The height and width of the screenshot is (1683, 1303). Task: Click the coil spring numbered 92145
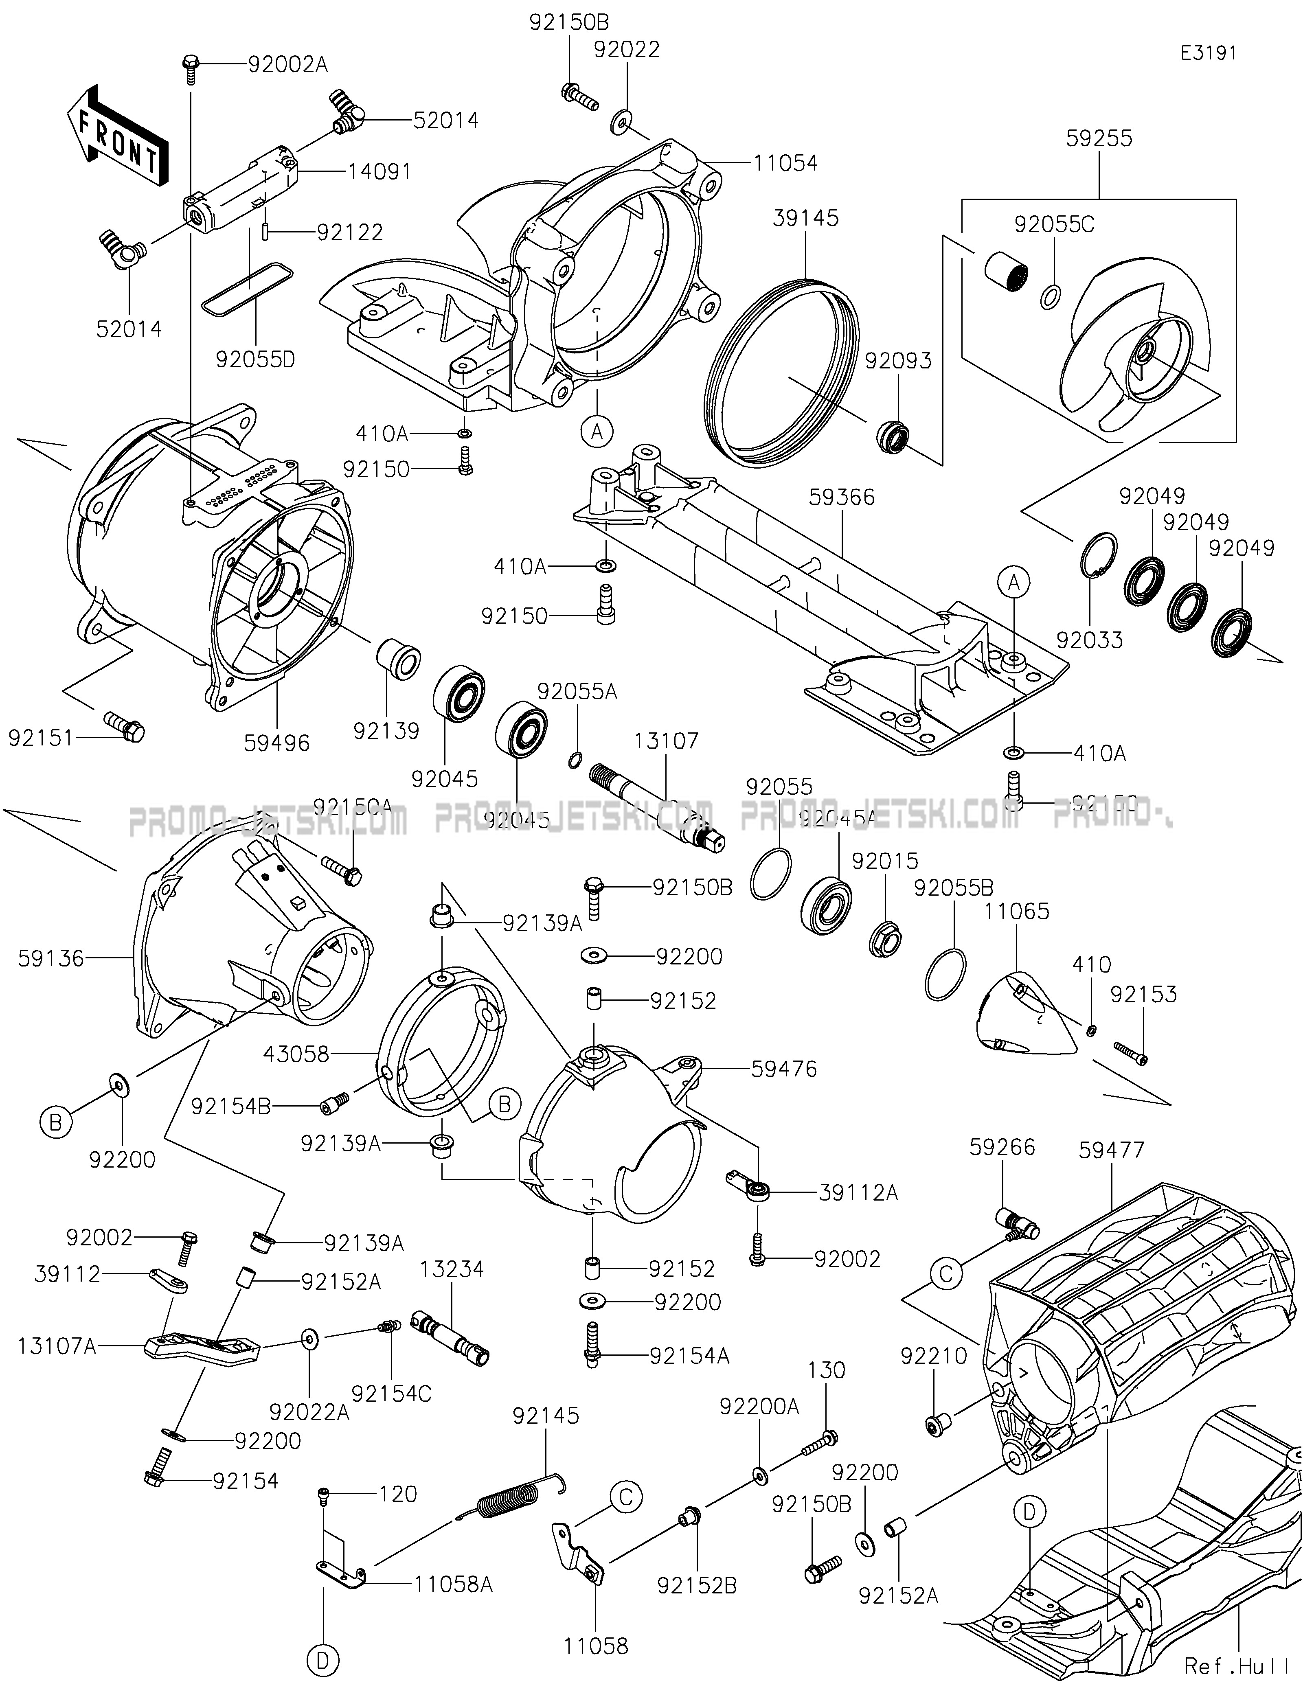(512, 1499)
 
